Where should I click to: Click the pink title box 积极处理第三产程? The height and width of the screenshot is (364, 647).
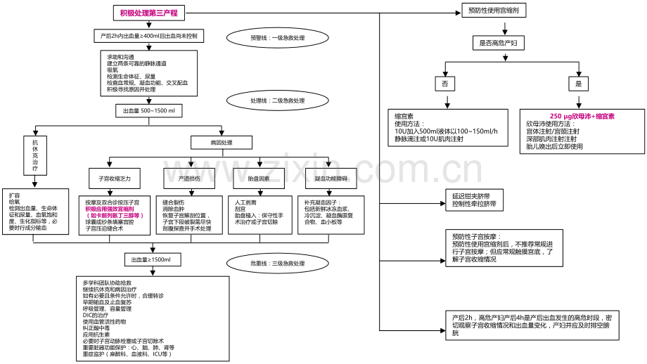coord(148,13)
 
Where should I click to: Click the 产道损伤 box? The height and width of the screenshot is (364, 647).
coord(189,178)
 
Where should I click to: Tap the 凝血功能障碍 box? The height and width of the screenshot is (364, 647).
coord(331,178)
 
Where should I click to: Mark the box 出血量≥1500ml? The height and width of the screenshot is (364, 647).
coord(152,260)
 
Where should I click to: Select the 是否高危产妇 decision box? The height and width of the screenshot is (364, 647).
coord(504,44)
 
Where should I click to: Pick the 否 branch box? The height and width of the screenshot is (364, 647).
coord(444,83)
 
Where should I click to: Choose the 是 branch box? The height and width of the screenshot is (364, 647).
coord(579,83)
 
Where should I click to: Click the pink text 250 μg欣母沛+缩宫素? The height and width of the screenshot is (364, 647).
coord(582,115)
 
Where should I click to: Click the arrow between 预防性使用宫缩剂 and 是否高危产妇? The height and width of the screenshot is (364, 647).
coord(504,28)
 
